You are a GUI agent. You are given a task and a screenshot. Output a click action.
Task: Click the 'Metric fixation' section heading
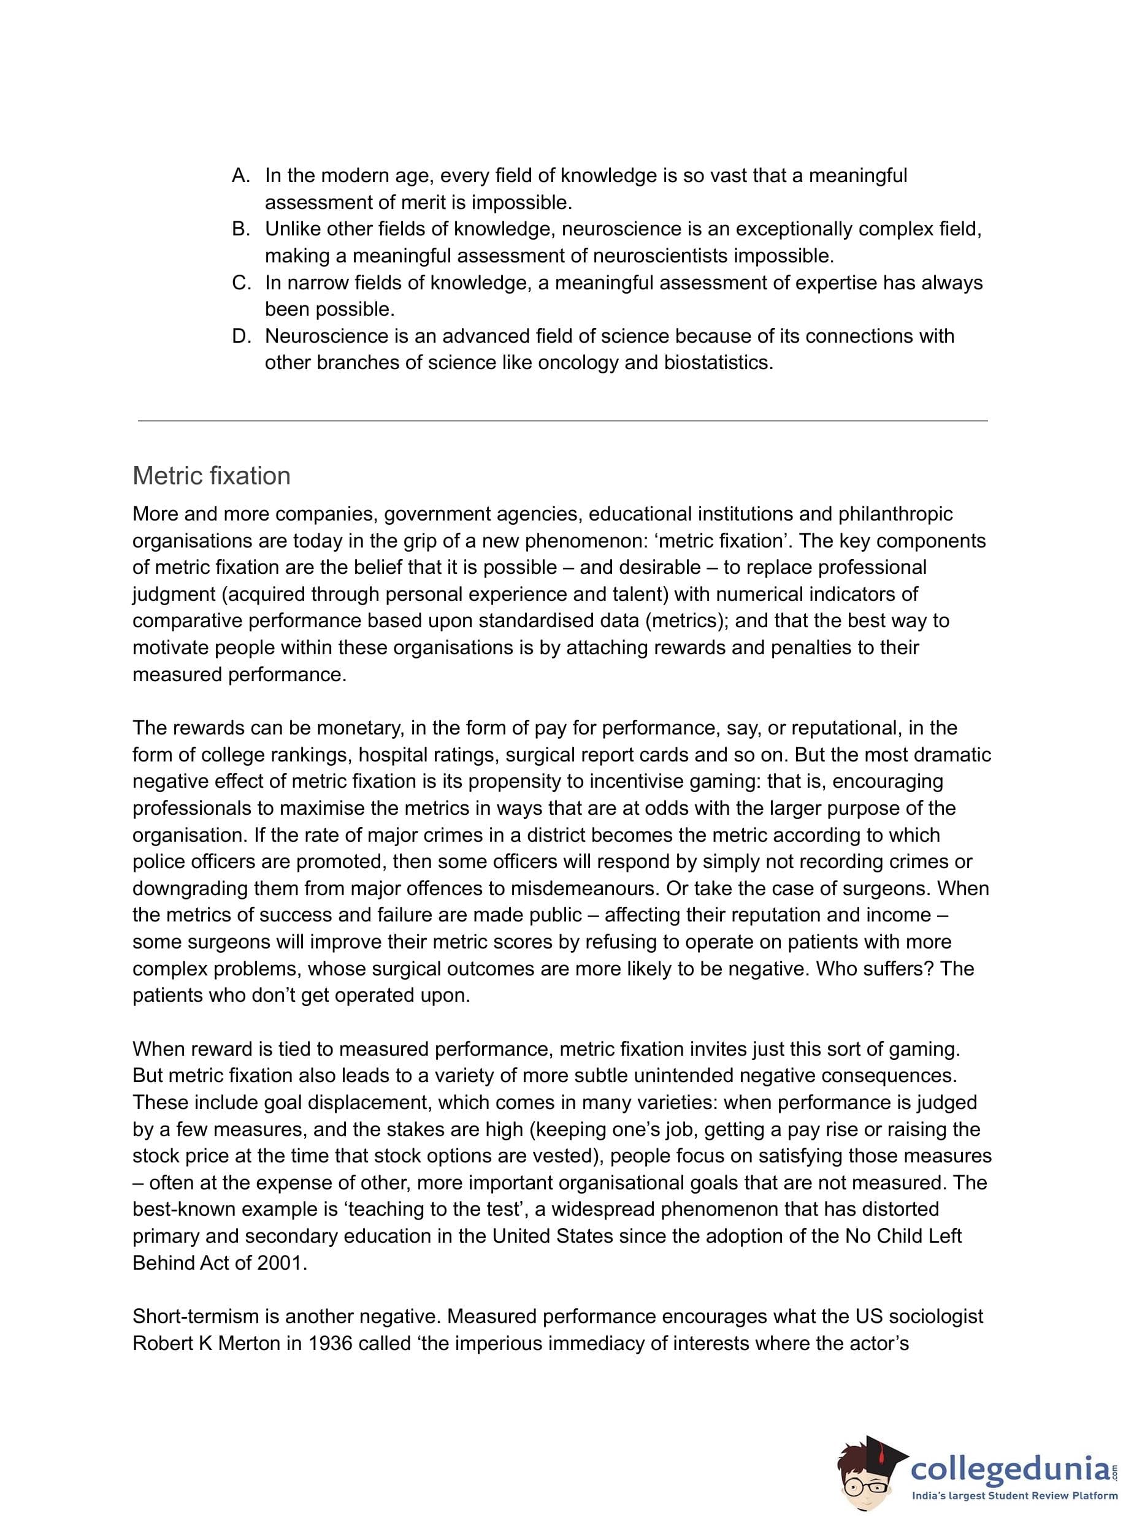tap(212, 476)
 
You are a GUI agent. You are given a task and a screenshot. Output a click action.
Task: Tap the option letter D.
tap(240, 336)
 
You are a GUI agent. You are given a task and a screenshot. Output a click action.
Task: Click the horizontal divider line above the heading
tap(562, 421)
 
